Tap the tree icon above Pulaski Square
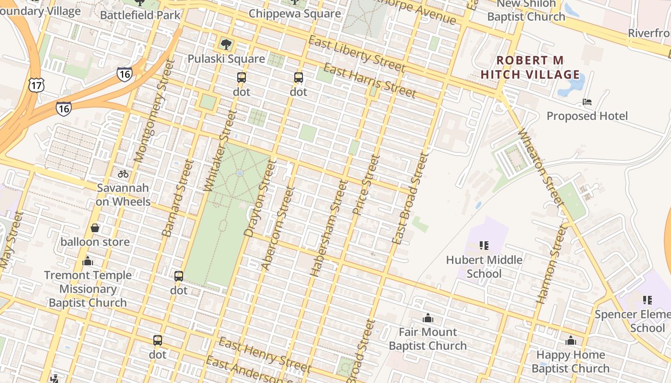tap(226, 45)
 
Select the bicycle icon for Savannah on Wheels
tap(123, 173)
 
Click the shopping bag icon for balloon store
tap(95, 227)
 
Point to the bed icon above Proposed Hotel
tap(587, 101)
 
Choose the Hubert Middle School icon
tap(484, 246)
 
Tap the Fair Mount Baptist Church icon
tap(428, 318)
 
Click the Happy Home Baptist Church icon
tap(570, 340)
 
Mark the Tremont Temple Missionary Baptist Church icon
tap(87, 261)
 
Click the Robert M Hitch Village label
tap(531, 68)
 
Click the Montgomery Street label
tap(152, 111)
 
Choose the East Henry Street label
tap(264, 355)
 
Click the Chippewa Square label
tap(295, 13)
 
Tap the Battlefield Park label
tap(140, 15)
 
